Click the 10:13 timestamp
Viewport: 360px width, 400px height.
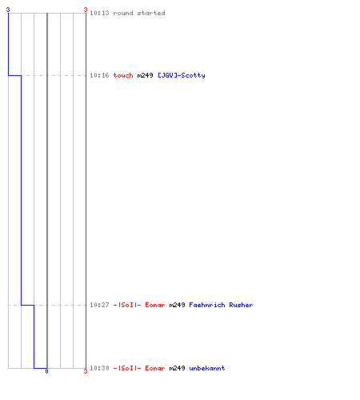pos(99,13)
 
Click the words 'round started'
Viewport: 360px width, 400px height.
pos(139,13)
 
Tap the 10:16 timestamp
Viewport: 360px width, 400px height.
pos(99,75)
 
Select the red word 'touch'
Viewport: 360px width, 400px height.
pos(123,75)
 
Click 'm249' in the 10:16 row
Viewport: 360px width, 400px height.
pos(145,75)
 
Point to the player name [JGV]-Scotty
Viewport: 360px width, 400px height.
pos(182,75)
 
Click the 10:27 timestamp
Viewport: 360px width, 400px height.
pos(99,305)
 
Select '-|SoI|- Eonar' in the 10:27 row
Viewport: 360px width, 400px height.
pos(139,305)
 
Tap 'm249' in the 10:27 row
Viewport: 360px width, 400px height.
pos(177,305)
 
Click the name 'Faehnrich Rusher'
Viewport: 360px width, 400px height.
pos(221,305)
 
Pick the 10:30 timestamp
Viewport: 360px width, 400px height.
pos(99,368)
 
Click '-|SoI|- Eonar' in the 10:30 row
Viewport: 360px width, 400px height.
pos(139,368)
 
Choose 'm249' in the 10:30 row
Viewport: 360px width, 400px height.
pos(177,368)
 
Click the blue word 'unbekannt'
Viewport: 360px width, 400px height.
pos(207,368)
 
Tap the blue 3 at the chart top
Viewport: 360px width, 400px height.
pos(8,10)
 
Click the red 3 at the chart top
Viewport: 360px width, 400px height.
pos(86,10)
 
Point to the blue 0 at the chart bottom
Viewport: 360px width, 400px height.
pos(46,371)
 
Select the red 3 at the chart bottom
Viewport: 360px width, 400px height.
pos(86,371)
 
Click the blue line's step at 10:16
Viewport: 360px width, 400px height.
pos(14,75)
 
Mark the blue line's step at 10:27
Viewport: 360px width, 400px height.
pos(28,305)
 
